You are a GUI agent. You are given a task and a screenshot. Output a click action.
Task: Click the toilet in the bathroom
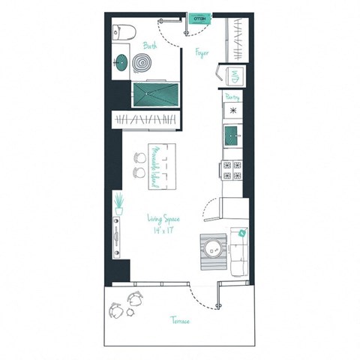122,31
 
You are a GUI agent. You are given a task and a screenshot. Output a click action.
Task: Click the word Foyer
202,52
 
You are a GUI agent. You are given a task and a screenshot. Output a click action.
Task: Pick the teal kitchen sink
232,136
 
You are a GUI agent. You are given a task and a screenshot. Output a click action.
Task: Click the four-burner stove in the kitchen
232,171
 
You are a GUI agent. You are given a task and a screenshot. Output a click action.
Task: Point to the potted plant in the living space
118,201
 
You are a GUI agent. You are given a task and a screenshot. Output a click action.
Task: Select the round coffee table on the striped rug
214,248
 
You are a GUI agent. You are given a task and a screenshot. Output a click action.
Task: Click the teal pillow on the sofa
243,233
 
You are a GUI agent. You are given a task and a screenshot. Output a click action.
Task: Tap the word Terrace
178,320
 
